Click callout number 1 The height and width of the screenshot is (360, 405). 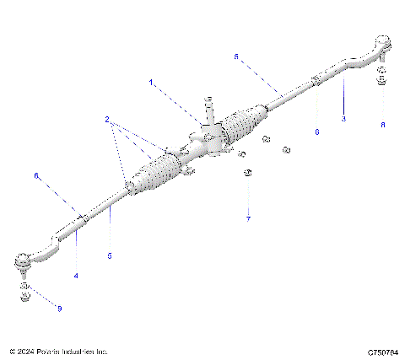[152, 83]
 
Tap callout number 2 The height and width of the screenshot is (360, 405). [108, 121]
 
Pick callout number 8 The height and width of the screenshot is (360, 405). [382, 124]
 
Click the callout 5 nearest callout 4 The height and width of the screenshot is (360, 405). [110, 255]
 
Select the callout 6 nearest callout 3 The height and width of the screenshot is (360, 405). [316, 132]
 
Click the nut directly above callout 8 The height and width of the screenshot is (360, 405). [381, 82]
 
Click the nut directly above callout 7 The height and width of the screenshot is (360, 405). [247, 174]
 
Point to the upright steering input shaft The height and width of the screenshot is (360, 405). [205, 110]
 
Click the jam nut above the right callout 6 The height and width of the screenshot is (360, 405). [314, 82]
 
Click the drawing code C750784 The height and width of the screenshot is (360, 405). [382, 351]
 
